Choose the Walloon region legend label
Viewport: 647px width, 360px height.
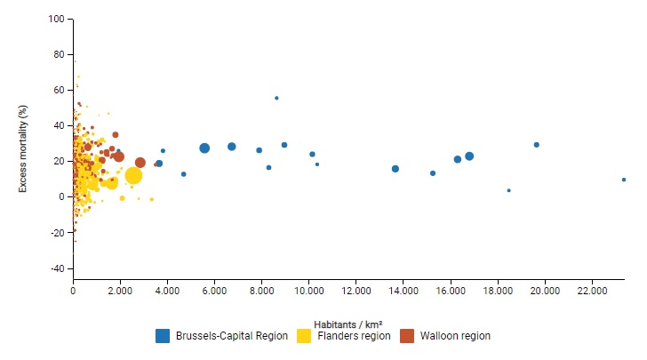[454, 336]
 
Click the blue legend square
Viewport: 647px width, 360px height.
[163, 336]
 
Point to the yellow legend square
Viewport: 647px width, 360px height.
[304, 336]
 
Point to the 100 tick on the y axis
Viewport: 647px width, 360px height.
[57, 19]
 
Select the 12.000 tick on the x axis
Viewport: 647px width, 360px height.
[355, 291]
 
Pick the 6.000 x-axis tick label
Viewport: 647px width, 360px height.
[214, 291]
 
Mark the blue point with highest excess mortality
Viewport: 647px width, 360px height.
[276, 98]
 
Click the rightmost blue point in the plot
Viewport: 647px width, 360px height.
[624, 180]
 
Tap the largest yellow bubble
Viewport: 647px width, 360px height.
[133, 175]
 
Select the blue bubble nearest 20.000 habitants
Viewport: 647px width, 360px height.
[537, 145]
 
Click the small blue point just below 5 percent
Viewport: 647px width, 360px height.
[508, 190]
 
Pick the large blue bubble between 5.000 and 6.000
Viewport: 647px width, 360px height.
[204, 148]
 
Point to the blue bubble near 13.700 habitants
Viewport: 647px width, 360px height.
[395, 169]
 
